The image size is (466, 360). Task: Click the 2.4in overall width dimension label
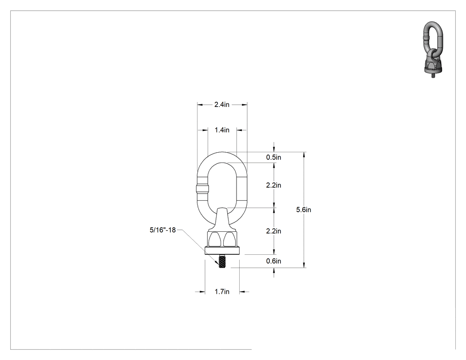(x=222, y=105)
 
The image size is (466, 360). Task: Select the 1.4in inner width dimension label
(x=222, y=130)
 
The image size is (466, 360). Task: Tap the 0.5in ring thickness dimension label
(x=273, y=157)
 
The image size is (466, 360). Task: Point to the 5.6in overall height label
(x=304, y=210)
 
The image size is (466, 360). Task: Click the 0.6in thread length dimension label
(x=273, y=261)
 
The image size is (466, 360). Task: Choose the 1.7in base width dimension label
(x=222, y=292)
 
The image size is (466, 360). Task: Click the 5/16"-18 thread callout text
(x=162, y=230)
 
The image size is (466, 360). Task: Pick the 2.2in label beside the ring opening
(x=273, y=185)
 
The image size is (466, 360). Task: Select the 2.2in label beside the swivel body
(x=273, y=231)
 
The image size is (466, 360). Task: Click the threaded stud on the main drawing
(x=222, y=261)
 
